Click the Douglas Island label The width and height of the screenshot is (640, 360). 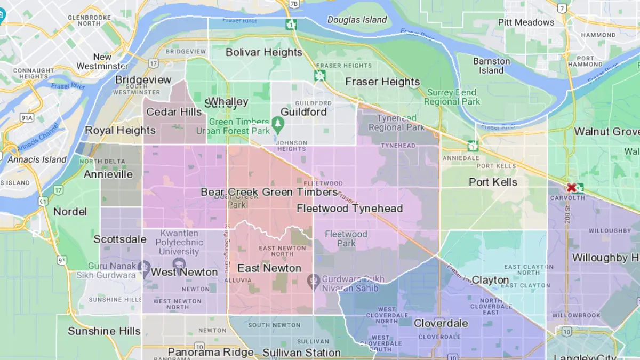click(x=357, y=20)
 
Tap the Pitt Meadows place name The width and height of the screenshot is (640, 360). click(x=526, y=22)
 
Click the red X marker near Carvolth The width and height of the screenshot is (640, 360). click(x=572, y=187)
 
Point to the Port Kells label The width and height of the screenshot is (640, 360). click(x=493, y=182)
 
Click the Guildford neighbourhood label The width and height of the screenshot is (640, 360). click(x=303, y=112)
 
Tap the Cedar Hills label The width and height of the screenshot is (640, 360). click(x=174, y=112)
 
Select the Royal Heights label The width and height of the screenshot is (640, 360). click(x=121, y=130)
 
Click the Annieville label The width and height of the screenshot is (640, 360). click(x=108, y=174)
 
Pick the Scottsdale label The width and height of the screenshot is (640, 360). click(x=120, y=239)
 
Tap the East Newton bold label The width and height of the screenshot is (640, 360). click(x=269, y=268)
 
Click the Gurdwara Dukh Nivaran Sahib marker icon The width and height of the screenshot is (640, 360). click(x=315, y=279)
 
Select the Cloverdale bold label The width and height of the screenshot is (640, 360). click(x=441, y=323)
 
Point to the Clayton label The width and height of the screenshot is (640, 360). click(x=490, y=280)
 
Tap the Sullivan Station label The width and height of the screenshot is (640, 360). click(x=301, y=353)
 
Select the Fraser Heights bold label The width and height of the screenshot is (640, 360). click(x=382, y=82)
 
